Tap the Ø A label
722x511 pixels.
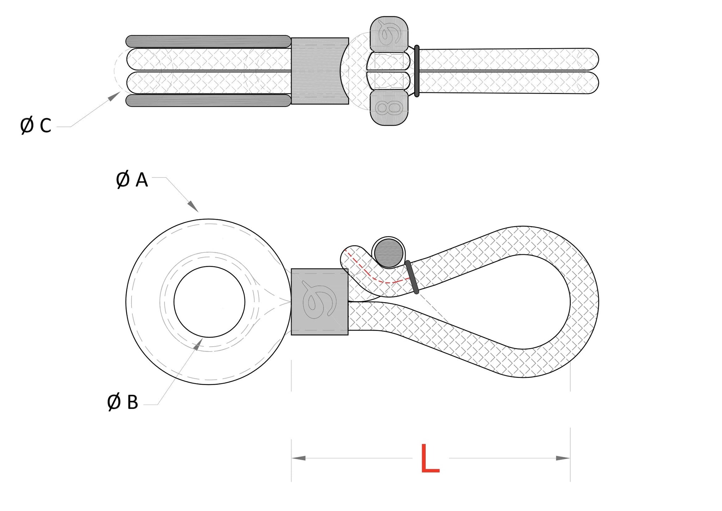tap(132, 180)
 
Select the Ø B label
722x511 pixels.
tap(123, 402)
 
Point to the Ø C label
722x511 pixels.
tap(36, 126)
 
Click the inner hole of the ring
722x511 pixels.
tap(209, 302)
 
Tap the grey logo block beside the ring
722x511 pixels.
tap(319, 302)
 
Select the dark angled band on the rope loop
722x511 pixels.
tap(412, 277)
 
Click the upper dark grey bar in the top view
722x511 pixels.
tap(208, 41)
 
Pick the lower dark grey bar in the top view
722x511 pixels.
tap(208, 101)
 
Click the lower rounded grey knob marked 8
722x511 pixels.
tap(389, 107)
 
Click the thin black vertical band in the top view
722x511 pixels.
tap(417, 71)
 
